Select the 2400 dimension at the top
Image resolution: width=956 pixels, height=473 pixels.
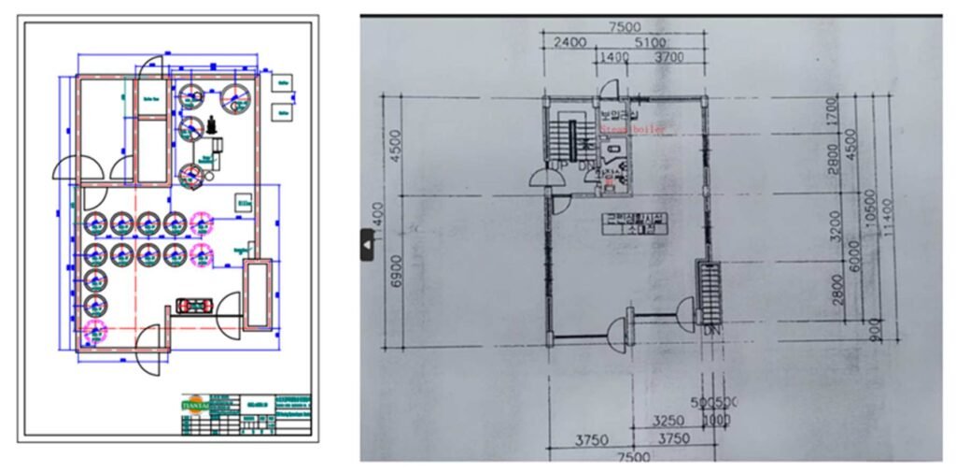[570, 42]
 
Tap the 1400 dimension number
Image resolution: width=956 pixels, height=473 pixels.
[615, 58]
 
